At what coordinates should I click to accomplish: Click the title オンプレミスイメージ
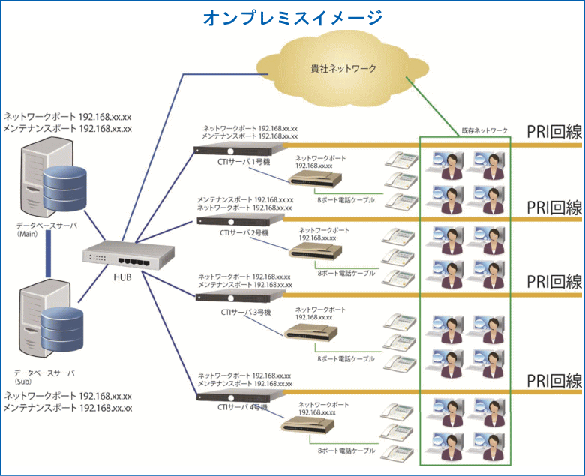click(x=292, y=18)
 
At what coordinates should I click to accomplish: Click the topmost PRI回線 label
click(x=554, y=133)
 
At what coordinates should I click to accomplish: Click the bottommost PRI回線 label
click(x=554, y=381)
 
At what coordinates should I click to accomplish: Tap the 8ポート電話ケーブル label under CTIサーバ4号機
click(x=346, y=451)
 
